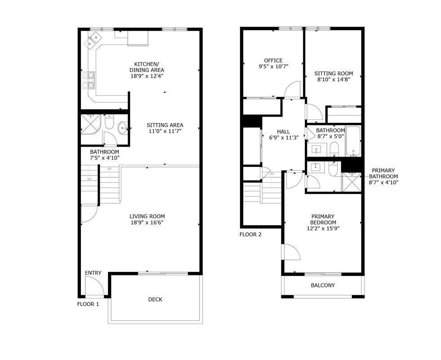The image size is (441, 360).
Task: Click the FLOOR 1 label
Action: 88,304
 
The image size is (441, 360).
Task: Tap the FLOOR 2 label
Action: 250,234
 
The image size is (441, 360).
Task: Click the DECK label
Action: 155,299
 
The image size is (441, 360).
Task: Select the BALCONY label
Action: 323,285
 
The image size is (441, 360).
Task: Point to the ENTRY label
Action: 93,273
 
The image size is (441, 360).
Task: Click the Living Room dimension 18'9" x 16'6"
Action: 147,223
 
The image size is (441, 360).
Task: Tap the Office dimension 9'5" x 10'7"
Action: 273,67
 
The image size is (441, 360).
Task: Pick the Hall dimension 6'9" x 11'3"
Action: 284,138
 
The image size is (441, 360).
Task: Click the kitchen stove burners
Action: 89,80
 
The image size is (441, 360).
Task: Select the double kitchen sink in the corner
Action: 93,40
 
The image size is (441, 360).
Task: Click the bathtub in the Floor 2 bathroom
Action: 353,141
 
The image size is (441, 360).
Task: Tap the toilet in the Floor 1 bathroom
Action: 109,121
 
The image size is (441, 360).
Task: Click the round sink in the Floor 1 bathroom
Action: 123,128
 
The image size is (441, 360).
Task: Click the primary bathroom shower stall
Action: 351,182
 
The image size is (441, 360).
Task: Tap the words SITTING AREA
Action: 165,125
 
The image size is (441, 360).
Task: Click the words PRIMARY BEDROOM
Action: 323,219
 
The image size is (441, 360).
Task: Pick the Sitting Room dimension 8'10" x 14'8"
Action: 334,80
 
